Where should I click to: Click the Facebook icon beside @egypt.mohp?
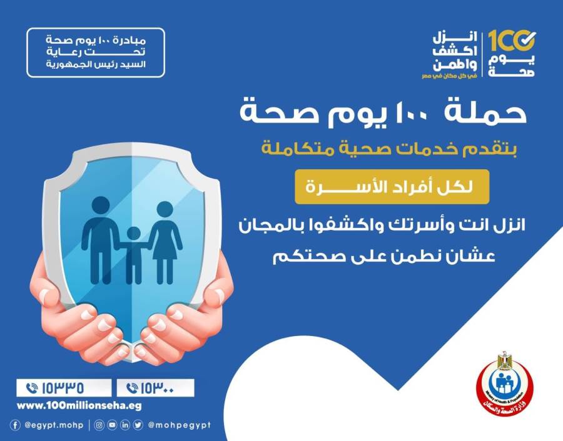(15, 425)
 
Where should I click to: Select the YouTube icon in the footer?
(112, 425)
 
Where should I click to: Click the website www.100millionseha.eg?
(79, 405)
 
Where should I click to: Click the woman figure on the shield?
(165, 240)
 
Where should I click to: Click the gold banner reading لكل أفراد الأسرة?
(383, 187)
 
